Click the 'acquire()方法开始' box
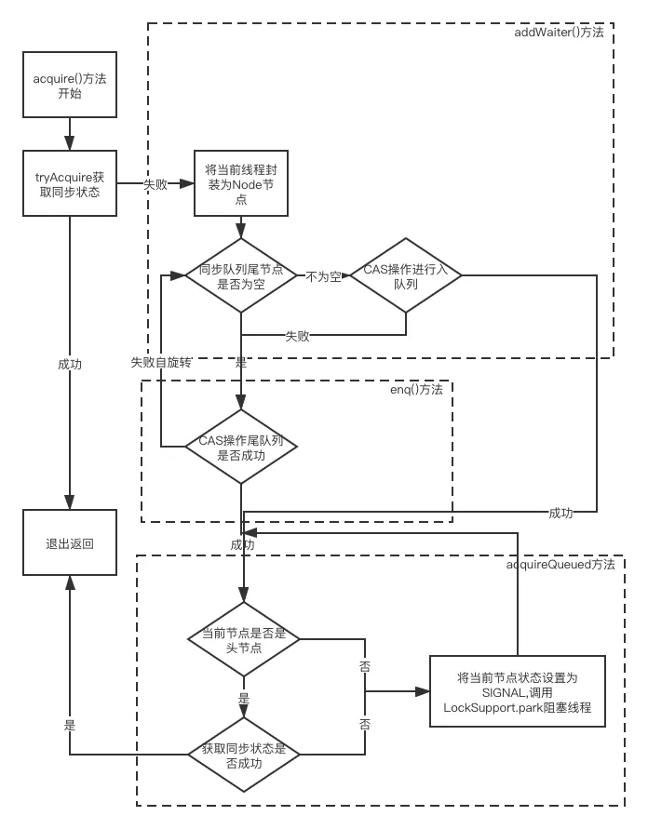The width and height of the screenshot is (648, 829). (x=71, y=85)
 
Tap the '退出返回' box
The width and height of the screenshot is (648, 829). (x=71, y=543)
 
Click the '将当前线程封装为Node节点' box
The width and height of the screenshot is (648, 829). (x=240, y=183)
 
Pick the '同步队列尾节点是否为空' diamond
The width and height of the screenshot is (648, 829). (x=240, y=276)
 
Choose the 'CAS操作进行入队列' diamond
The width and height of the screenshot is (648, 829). (x=406, y=276)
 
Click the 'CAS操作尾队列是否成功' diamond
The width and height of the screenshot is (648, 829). (x=240, y=447)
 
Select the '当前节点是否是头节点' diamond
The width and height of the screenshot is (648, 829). (x=243, y=639)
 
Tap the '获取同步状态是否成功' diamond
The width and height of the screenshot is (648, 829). (x=243, y=754)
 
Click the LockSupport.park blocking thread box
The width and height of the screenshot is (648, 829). (x=517, y=692)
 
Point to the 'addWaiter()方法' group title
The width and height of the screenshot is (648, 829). (x=559, y=33)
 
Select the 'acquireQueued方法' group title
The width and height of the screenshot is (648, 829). (x=560, y=565)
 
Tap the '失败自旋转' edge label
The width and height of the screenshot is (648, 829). (x=160, y=362)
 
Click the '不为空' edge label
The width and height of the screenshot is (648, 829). (x=323, y=276)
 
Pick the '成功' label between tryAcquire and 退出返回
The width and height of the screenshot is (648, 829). (x=70, y=365)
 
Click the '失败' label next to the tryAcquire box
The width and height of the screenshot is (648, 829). (x=155, y=184)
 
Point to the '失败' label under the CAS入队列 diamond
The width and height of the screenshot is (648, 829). (x=297, y=336)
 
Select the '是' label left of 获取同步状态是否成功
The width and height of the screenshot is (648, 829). (x=69, y=724)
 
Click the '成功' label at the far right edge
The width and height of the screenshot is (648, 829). (x=560, y=512)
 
